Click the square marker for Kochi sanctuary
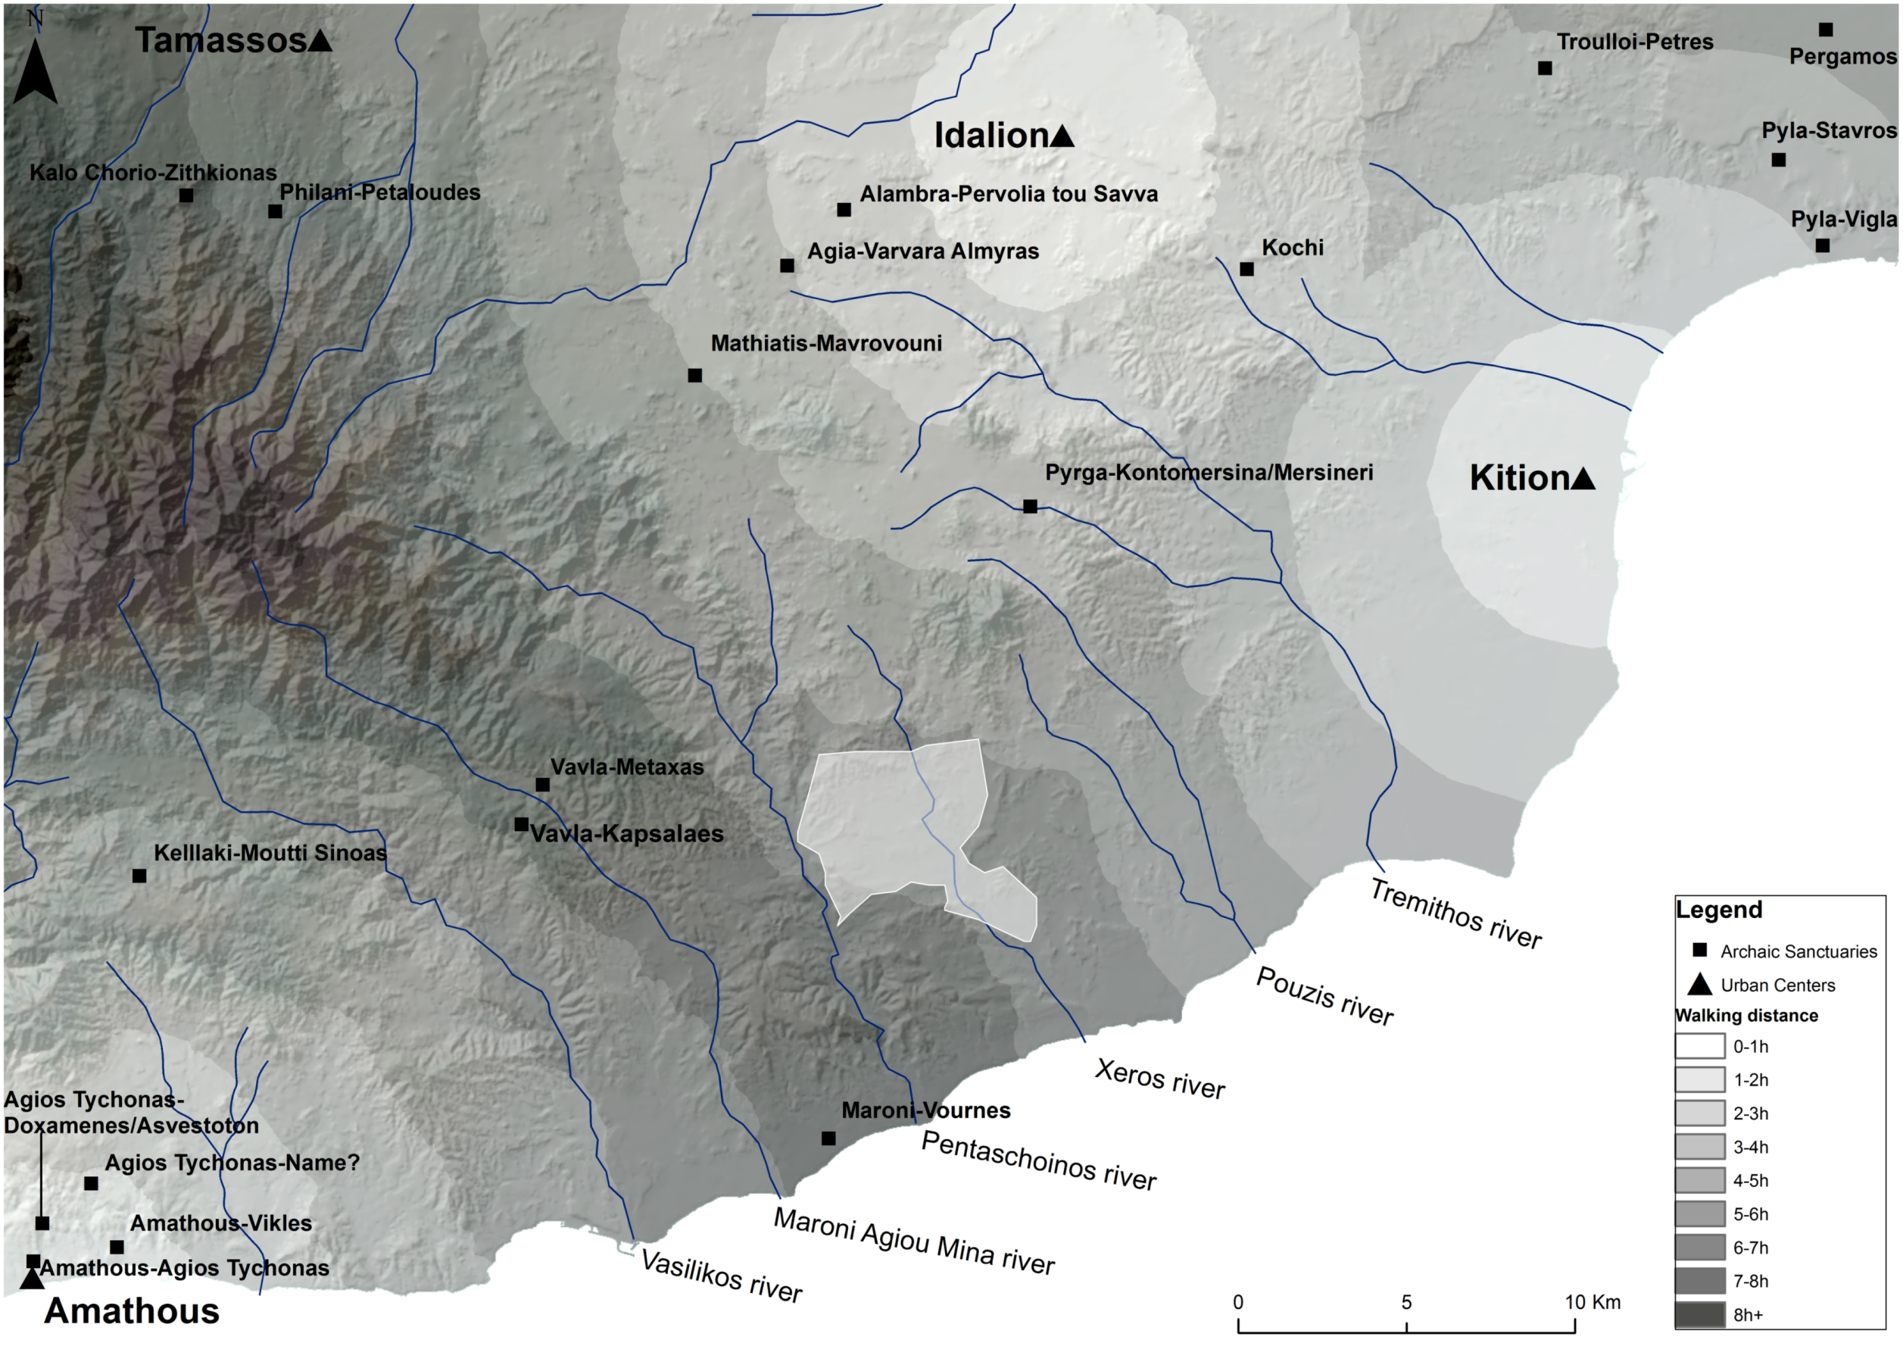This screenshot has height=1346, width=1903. (x=1246, y=270)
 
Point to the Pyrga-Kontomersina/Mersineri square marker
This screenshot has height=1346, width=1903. (x=1030, y=507)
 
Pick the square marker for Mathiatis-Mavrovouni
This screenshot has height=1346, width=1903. (x=694, y=376)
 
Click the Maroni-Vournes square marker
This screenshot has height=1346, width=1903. (x=828, y=1138)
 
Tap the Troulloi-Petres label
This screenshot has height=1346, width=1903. (x=1634, y=42)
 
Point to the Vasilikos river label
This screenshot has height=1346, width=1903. (x=721, y=1277)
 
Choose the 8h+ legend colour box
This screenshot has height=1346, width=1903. (x=1699, y=1314)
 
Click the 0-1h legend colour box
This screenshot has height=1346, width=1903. (x=1699, y=1046)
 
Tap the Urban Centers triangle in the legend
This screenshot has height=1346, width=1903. (x=1700, y=985)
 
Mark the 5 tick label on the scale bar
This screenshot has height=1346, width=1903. (x=1406, y=1302)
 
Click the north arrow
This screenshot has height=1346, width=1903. (x=35, y=70)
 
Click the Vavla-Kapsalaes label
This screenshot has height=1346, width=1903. (x=626, y=834)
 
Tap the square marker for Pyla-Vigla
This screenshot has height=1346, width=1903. (x=1823, y=246)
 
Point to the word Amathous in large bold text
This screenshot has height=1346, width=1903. (x=132, y=1312)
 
